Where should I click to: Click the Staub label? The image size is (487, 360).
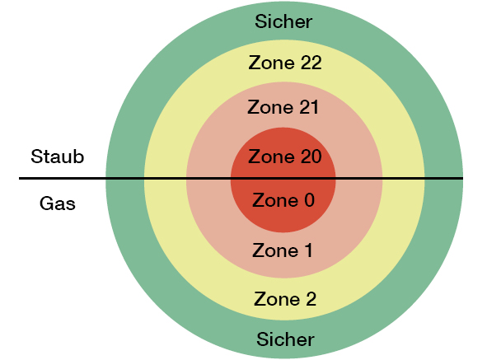tap(58, 157)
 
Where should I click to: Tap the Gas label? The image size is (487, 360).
tap(58, 203)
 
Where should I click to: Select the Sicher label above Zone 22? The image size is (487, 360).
tap(283, 21)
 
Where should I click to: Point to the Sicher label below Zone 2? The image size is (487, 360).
tap(285, 339)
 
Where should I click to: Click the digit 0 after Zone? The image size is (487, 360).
tap(309, 200)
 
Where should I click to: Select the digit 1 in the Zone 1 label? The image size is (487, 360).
tap(308, 250)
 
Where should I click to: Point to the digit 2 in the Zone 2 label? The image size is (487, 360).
tap(311, 299)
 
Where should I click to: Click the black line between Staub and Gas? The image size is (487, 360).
tap(241, 178)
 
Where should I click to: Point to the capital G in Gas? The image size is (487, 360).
tap(46, 203)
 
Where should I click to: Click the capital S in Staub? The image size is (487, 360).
tap(36, 157)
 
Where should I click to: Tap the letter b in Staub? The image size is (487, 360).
tap(79, 157)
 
